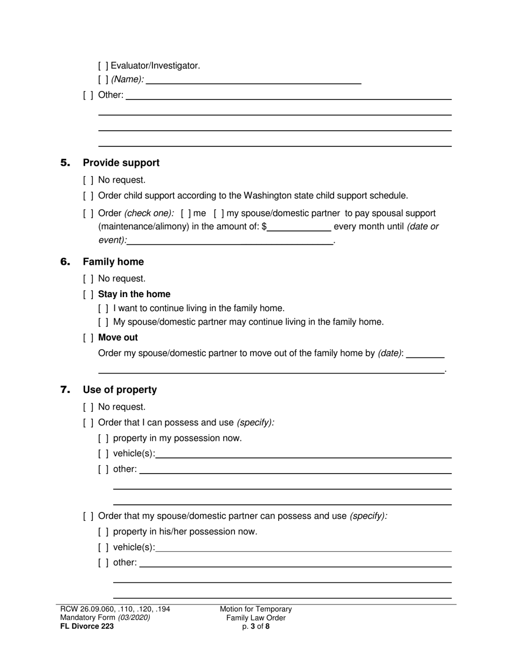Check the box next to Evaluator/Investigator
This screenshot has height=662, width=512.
click(x=103, y=66)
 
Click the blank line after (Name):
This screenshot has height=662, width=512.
click(x=253, y=80)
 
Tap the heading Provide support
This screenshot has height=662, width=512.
click(x=121, y=163)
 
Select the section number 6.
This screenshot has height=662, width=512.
click(x=65, y=262)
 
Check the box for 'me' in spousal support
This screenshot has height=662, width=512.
click(x=186, y=214)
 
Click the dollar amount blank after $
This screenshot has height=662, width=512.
click(x=299, y=227)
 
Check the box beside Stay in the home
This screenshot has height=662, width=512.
click(x=88, y=294)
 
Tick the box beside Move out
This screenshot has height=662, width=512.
click(x=88, y=338)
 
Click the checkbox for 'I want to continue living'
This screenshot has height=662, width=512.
click(x=103, y=308)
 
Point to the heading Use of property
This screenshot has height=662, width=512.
click(x=120, y=390)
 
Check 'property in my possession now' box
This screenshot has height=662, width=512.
click(x=103, y=439)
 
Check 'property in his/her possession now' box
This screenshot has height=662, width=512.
click(x=103, y=532)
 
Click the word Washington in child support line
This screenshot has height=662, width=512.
click(x=269, y=196)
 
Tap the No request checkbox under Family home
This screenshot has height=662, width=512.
click(x=88, y=279)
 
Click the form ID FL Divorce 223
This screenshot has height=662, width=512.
click(x=87, y=626)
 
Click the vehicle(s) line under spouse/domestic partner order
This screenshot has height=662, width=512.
click(x=303, y=548)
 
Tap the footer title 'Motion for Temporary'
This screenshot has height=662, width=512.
click(x=255, y=609)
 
